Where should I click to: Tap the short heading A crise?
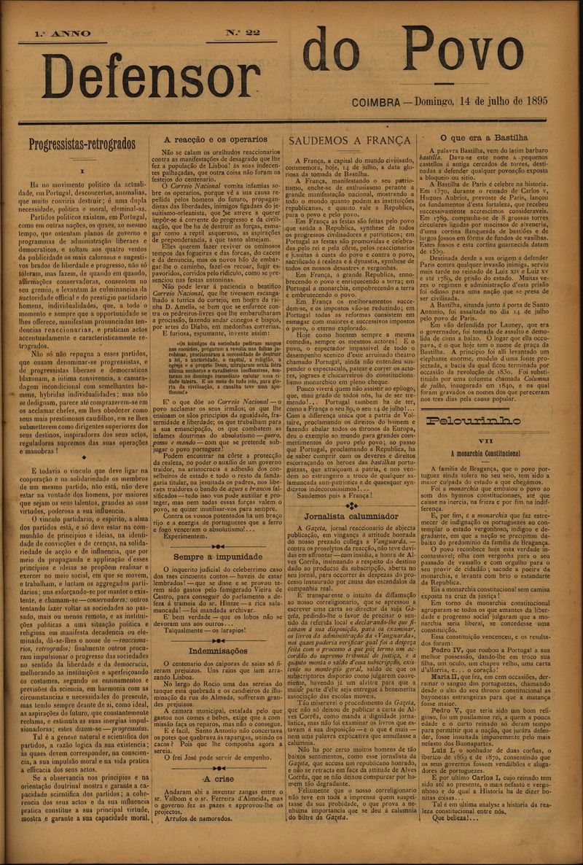tap(219, 777)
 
